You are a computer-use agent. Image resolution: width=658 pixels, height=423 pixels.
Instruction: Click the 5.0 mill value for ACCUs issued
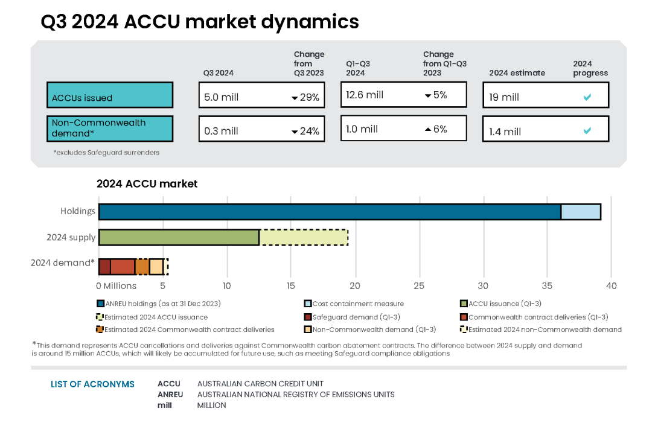click(x=221, y=97)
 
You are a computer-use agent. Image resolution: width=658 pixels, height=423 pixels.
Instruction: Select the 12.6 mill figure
click(x=365, y=95)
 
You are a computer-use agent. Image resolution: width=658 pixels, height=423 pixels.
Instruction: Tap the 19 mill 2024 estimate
click(x=504, y=97)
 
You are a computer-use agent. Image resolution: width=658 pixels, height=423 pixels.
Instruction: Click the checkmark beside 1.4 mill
click(x=587, y=130)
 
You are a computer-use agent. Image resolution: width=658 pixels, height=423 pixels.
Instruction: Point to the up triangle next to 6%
click(x=427, y=129)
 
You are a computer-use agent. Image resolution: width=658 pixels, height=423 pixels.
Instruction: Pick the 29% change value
click(x=310, y=97)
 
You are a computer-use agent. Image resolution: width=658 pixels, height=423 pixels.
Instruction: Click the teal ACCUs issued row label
click(x=110, y=95)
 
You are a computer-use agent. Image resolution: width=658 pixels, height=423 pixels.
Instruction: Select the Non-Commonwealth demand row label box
click(x=110, y=128)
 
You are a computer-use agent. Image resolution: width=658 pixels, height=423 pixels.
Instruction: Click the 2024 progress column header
click(x=590, y=68)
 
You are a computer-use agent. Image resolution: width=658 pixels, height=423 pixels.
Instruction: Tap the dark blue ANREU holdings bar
click(x=330, y=212)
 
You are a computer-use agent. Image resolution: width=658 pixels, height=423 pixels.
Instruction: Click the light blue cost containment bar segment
click(x=581, y=212)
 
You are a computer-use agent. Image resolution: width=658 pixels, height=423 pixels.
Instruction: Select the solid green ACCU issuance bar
click(x=179, y=237)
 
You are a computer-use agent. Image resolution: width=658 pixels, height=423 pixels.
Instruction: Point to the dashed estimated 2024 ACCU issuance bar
click(x=304, y=237)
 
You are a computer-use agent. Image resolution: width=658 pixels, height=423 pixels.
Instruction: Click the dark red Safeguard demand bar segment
click(x=104, y=266)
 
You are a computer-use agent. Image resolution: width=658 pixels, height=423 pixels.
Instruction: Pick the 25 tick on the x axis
click(x=419, y=285)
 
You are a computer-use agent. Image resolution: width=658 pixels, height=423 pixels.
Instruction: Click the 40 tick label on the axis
click(x=611, y=285)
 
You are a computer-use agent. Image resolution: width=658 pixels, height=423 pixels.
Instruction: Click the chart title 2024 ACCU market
click(x=147, y=184)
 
